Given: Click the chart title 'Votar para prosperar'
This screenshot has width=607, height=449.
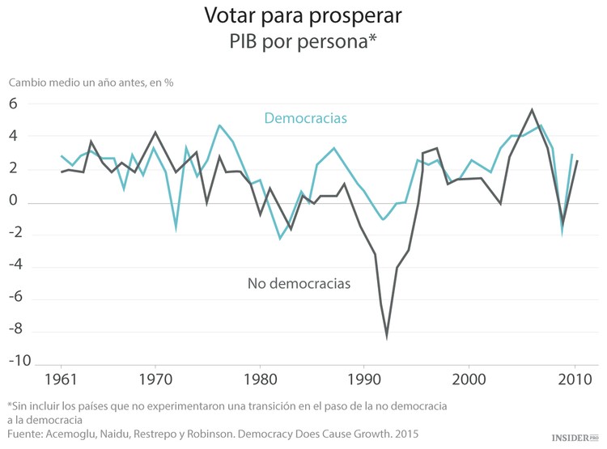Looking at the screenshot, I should click(303, 15).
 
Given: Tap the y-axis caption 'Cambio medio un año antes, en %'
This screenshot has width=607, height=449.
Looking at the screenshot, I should click(91, 82).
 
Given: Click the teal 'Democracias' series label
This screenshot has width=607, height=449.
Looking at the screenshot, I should click(305, 118).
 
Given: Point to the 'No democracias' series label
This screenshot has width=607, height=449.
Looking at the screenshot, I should click(299, 284).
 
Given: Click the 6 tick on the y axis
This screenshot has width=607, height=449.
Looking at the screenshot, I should click(13, 104).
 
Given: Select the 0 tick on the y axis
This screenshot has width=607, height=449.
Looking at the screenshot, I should click(13, 201).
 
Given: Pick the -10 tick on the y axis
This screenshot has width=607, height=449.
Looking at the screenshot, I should click(20, 361).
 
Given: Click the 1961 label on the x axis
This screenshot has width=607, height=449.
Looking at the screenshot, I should click(62, 379).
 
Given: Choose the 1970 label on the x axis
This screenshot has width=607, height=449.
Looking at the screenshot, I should click(155, 379).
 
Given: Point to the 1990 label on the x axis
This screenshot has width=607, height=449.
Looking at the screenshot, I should click(364, 379).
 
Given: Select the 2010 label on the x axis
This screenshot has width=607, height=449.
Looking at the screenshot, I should click(574, 379).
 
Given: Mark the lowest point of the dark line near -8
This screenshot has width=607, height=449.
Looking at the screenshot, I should click(387, 336).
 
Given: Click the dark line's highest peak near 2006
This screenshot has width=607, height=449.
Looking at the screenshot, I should click(532, 110).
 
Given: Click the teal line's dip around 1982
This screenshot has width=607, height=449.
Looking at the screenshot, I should click(280, 238).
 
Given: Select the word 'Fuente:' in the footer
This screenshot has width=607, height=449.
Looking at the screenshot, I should click(27, 434).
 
